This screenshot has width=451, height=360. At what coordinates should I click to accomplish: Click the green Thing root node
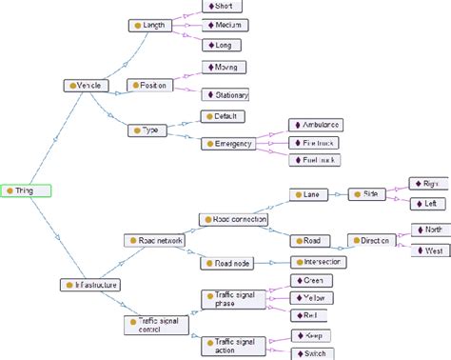(x=26, y=190)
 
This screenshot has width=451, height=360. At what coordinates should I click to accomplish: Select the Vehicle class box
(x=87, y=86)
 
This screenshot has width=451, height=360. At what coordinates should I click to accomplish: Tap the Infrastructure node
(x=91, y=284)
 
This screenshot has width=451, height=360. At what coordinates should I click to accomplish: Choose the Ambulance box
(x=315, y=125)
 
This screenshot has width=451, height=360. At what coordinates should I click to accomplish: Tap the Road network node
(x=154, y=240)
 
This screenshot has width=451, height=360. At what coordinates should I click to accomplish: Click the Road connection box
(x=233, y=219)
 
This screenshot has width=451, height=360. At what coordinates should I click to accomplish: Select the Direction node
(x=371, y=240)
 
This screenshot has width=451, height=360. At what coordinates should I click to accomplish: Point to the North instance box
(x=429, y=230)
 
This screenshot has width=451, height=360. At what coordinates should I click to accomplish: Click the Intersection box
(x=319, y=261)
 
